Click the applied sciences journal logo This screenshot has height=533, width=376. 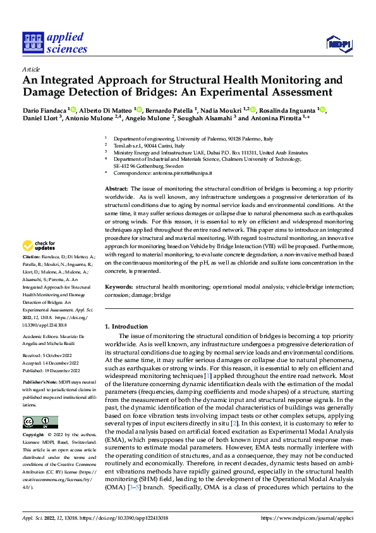click(54, 43)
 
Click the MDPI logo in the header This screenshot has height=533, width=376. click(338, 43)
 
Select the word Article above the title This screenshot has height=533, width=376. click(30, 68)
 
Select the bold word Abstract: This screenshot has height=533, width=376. click(116, 189)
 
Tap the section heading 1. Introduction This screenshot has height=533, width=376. click(126, 327)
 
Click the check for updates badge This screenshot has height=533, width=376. click(39, 246)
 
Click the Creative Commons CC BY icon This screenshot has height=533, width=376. click(40, 422)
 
